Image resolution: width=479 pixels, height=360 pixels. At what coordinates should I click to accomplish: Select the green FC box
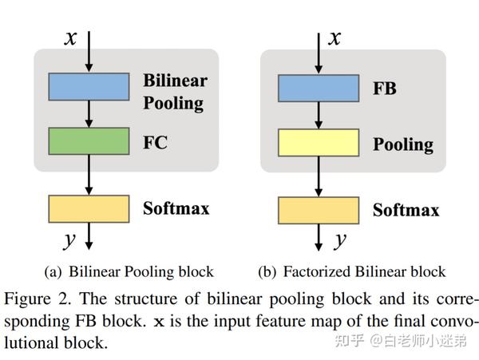click(x=89, y=141)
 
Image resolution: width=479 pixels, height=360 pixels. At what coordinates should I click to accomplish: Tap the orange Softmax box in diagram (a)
click(x=89, y=208)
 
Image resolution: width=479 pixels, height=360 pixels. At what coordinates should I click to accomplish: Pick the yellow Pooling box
click(x=317, y=144)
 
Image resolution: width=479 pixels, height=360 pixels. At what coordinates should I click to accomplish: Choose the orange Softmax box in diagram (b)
click(x=317, y=210)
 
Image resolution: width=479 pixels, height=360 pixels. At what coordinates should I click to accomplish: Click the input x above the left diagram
click(x=71, y=38)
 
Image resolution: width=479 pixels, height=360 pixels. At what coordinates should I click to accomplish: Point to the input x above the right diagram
click(x=336, y=38)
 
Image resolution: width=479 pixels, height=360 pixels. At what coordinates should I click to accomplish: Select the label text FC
click(x=155, y=141)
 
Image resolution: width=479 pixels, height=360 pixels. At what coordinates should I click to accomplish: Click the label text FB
click(x=385, y=89)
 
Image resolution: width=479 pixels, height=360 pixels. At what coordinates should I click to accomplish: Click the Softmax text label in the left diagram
click(x=176, y=208)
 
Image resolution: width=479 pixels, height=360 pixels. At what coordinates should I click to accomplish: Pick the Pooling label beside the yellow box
click(x=402, y=144)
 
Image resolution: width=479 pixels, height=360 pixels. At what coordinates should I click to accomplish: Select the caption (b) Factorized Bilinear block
click(x=351, y=271)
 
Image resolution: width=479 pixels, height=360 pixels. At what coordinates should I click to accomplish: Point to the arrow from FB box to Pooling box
click(x=317, y=117)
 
